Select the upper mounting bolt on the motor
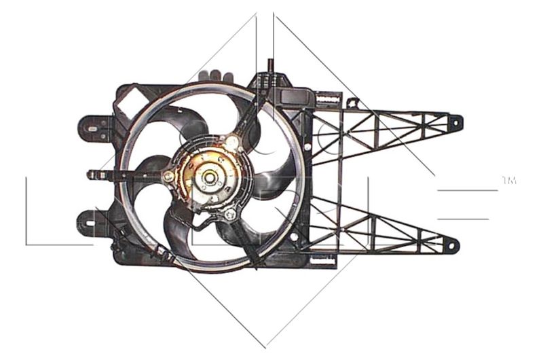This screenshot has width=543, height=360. point(232,143)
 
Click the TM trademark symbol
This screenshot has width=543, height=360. point(508,181)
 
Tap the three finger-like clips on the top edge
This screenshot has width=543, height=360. point(217,76)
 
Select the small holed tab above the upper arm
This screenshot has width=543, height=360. point(352,103)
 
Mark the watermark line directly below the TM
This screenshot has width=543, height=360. point(468,190)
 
